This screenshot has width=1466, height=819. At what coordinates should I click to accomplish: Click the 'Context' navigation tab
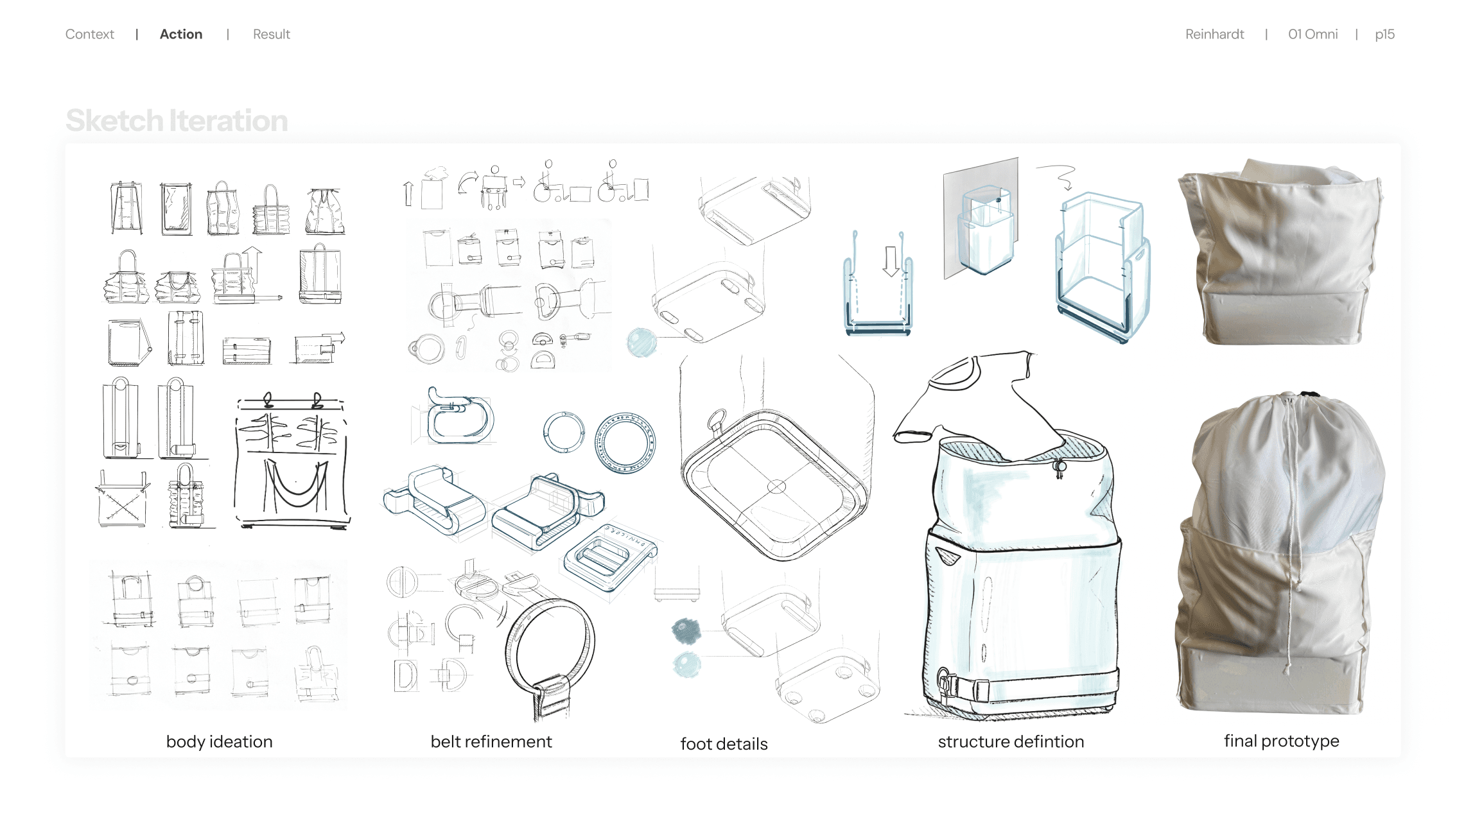[89, 34]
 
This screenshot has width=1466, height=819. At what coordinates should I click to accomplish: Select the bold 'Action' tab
[181, 34]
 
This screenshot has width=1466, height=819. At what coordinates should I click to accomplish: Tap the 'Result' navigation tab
[271, 34]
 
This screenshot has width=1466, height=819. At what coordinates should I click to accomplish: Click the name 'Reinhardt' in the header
[1214, 34]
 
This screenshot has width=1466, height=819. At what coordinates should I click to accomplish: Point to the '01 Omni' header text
[1313, 34]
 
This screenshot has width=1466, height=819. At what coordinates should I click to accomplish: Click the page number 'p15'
[1384, 35]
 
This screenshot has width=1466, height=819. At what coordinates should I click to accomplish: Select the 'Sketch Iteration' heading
[177, 121]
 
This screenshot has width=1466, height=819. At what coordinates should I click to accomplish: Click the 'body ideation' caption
[219, 742]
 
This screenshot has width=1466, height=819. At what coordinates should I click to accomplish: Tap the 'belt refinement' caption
[491, 742]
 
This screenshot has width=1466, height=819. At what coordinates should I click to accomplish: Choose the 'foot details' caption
[724, 744]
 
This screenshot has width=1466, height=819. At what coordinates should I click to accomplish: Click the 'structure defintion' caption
[1011, 742]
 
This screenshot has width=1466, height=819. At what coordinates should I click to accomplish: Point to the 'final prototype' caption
[1281, 741]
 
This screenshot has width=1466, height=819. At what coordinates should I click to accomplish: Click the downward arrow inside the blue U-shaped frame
[891, 261]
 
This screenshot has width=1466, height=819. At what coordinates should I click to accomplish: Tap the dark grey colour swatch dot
[686, 631]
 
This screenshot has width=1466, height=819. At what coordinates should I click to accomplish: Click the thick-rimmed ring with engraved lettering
[625, 443]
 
